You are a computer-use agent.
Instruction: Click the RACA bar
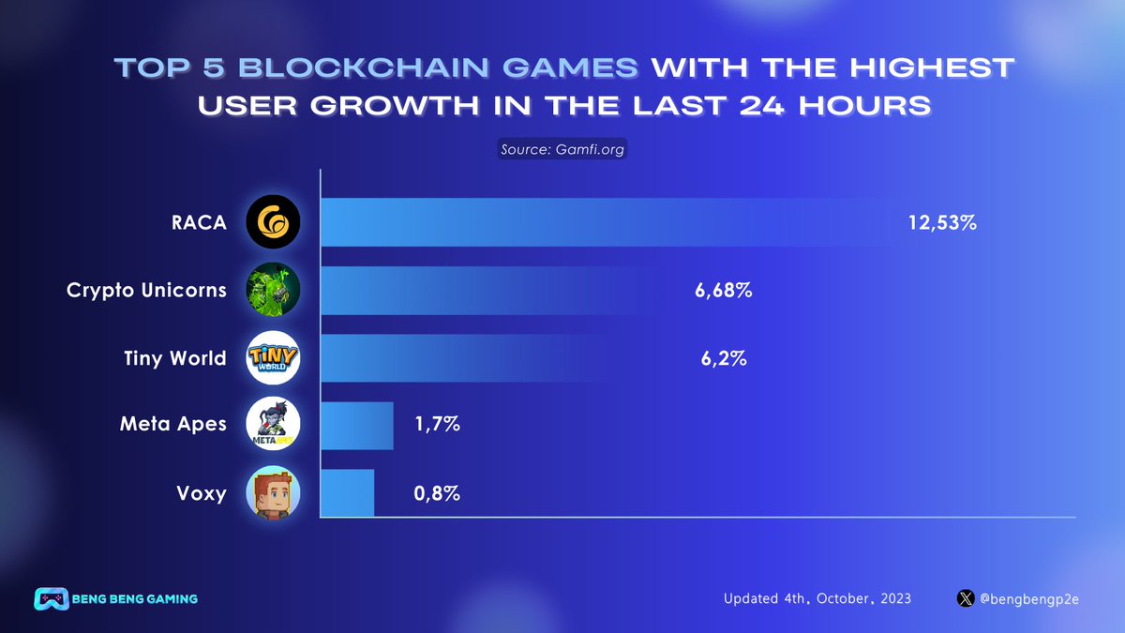[x=609, y=222]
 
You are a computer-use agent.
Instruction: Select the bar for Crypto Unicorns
[x=497, y=291]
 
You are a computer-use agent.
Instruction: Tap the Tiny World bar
[x=487, y=358]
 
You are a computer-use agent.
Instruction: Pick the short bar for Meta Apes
[x=357, y=426]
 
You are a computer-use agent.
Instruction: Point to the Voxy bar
[x=348, y=492]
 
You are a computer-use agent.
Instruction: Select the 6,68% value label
[x=724, y=291]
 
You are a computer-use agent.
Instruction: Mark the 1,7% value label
[x=436, y=425]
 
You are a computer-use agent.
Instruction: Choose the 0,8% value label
[x=436, y=492]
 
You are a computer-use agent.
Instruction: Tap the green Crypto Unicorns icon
[x=273, y=291]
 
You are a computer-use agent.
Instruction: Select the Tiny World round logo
[x=273, y=358]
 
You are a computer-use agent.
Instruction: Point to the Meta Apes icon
[x=273, y=425]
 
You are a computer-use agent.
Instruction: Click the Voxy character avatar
[x=273, y=492]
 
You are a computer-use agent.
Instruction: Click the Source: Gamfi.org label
[x=562, y=149]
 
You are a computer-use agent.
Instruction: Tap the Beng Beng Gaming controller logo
[x=49, y=598]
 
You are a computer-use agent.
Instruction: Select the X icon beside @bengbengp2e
[x=966, y=598]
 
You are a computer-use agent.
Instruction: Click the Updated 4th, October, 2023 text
[x=817, y=598]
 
